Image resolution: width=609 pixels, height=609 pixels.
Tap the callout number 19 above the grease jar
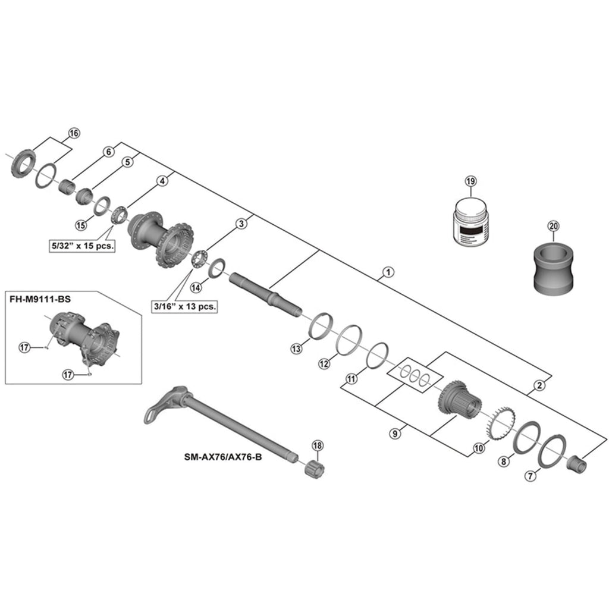470,181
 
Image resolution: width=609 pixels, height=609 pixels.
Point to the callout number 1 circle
387,273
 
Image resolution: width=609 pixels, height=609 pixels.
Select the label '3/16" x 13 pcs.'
184,307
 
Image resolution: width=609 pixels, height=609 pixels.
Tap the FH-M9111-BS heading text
40,299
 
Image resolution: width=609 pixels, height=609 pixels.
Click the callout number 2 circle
539,385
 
